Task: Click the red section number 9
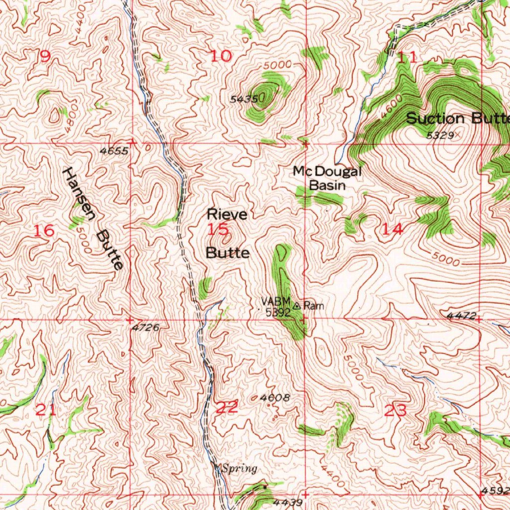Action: [45, 57]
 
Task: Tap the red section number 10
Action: [221, 56]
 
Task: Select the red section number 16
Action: [44, 231]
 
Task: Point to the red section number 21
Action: [46, 411]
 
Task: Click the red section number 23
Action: [396, 411]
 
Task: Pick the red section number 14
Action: [392, 229]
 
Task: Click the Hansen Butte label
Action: [93, 218]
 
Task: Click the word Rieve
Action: [227, 215]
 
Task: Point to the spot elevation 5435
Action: [244, 100]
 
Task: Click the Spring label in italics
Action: [240, 468]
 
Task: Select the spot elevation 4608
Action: [275, 398]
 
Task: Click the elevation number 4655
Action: [114, 150]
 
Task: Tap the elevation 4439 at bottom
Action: [288, 503]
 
